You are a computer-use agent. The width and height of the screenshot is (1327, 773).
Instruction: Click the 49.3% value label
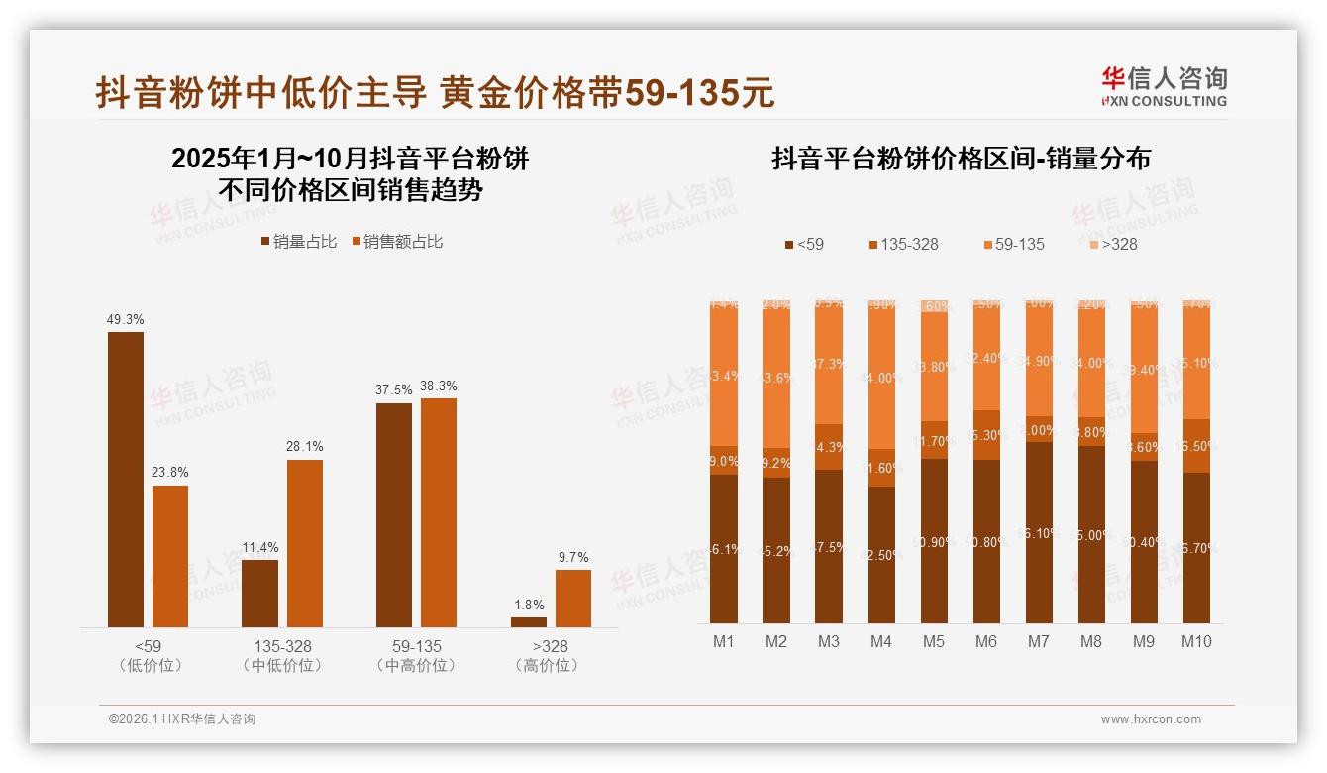[x=126, y=319]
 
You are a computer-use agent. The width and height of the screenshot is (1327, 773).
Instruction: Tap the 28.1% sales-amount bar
[x=305, y=542]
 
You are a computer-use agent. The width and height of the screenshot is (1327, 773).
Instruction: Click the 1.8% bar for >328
[x=529, y=621]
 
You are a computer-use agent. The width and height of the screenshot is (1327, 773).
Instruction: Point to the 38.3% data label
[x=439, y=386]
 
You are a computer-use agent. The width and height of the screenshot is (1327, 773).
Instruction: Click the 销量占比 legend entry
[x=298, y=242]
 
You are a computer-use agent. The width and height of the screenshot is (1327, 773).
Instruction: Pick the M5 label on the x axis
[x=934, y=641]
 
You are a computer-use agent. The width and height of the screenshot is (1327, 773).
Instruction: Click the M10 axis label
[x=1196, y=641]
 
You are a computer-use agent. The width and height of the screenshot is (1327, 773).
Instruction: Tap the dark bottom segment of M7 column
[x=1039, y=532]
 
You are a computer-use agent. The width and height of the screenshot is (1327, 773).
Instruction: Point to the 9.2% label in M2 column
[x=776, y=463]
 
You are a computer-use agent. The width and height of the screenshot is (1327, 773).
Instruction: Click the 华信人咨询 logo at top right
[x=1164, y=85]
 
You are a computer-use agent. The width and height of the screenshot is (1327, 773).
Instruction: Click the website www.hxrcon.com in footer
[x=1151, y=719]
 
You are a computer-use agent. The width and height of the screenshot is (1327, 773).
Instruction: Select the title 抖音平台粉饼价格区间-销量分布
[x=961, y=159]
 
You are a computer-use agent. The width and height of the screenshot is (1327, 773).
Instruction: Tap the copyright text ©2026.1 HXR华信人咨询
[x=181, y=719]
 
